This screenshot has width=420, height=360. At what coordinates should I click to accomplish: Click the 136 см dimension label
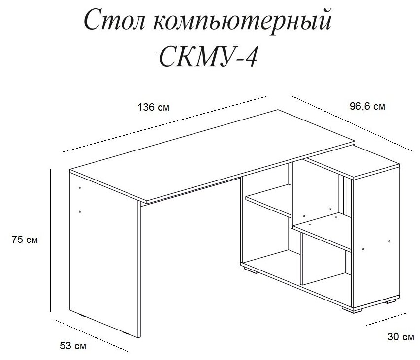click(x=155, y=107)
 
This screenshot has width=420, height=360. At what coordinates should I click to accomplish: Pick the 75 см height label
click(x=25, y=240)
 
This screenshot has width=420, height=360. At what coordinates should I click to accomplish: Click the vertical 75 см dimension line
click(x=51, y=240)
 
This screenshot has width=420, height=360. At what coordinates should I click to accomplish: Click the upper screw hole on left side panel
click(x=80, y=188)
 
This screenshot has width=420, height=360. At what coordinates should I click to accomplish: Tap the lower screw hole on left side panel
click(x=80, y=212)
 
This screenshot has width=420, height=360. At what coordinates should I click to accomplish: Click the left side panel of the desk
click(x=103, y=256)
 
